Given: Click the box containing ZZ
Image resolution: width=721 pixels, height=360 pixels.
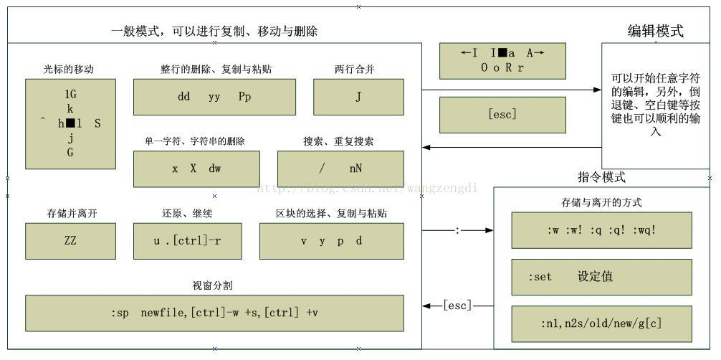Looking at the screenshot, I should (70, 241).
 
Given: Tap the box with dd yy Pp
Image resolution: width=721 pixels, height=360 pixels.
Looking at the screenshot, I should (214, 97).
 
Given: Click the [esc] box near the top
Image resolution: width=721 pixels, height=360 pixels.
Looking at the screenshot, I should (502, 115).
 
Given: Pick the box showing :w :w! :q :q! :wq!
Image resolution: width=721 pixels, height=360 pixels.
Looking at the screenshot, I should (601, 230).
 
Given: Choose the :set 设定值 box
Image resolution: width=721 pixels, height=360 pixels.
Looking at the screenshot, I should (601, 277).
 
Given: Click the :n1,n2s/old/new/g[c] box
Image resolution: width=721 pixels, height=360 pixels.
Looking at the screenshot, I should (601, 323).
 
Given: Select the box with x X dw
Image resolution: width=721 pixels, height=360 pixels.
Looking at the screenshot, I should (196, 169).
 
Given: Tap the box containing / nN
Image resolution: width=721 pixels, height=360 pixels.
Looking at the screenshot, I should (340, 169).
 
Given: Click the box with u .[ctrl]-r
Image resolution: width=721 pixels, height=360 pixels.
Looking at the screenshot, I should (187, 241).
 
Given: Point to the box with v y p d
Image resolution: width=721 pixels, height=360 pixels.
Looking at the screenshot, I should (331, 241).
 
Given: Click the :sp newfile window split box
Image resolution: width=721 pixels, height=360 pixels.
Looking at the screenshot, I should (214, 313).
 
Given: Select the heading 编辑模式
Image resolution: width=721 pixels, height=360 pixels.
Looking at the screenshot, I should (655, 31).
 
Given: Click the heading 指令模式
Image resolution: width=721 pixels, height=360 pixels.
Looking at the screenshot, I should (601, 177).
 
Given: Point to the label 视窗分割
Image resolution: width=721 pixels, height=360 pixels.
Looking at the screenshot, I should (212, 285).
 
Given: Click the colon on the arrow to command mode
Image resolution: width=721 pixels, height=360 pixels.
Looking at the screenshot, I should (457, 231).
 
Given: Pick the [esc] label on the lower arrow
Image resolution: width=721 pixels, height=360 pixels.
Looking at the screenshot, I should (457, 306).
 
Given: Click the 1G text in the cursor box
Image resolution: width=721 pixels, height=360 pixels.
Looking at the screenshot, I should (70, 94).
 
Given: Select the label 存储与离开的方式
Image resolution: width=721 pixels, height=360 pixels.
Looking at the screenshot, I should (601, 202).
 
